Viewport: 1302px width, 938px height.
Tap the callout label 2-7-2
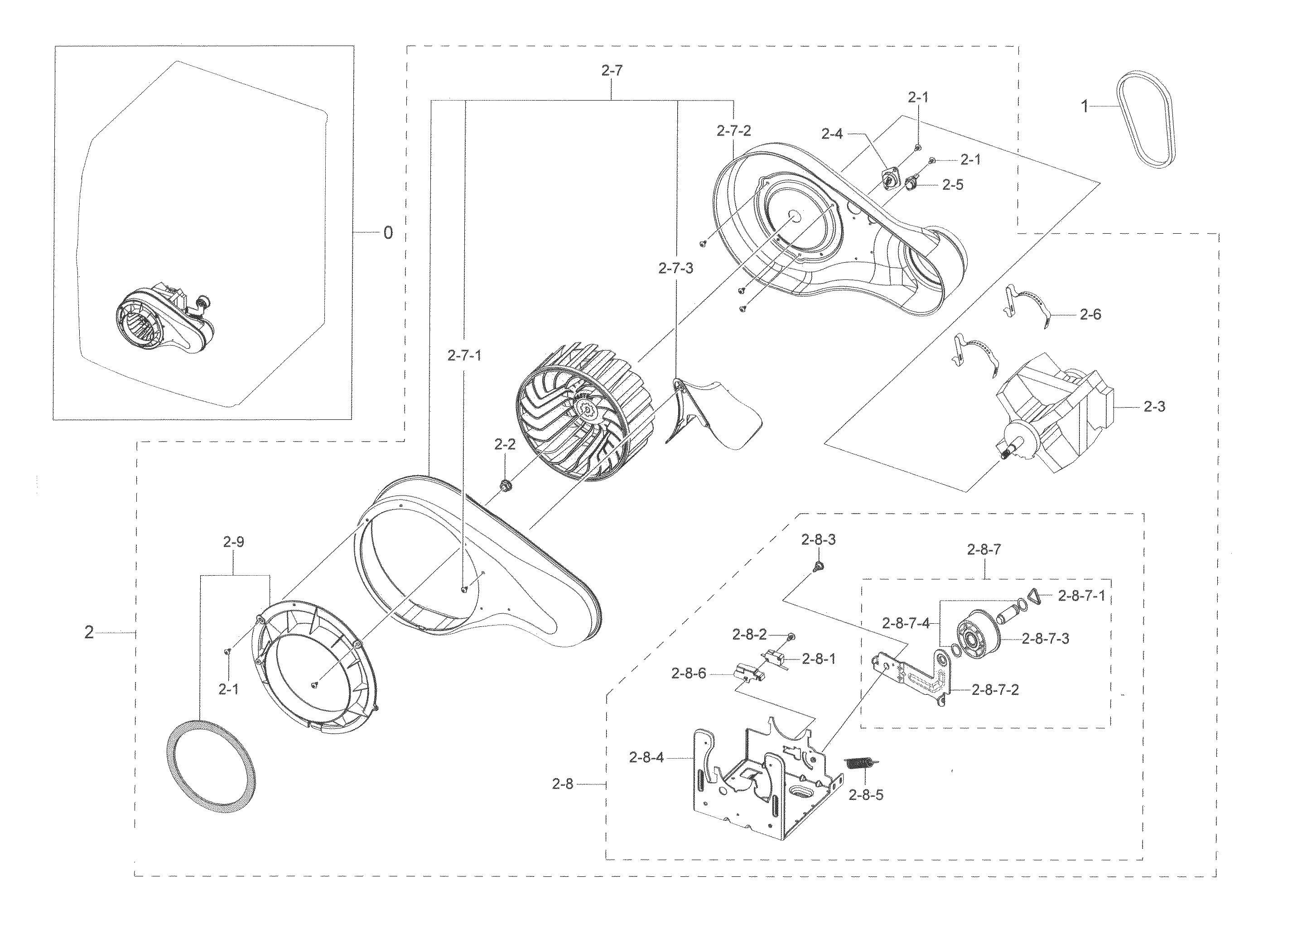[733, 131]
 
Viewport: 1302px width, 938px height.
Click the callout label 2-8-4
[646, 758]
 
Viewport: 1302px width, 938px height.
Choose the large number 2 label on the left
[89, 633]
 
